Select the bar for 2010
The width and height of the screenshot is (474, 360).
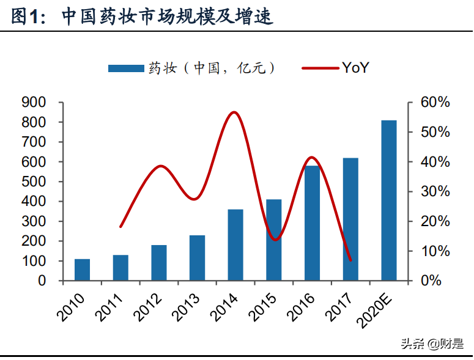(x=83, y=270)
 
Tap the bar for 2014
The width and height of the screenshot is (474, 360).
(x=235, y=244)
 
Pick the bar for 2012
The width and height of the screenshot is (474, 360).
(x=159, y=263)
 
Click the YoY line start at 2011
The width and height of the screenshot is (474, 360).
(x=120, y=227)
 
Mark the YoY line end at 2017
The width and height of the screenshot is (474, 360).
(x=350, y=260)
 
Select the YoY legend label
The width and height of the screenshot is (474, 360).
(x=355, y=68)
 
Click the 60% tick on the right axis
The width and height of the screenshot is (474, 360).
(x=435, y=103)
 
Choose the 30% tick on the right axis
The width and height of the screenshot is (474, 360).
(x=435, y=192)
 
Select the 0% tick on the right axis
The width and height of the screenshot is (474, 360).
(x=431, y=281)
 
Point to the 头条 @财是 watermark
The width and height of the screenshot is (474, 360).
(x=432, y=343)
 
